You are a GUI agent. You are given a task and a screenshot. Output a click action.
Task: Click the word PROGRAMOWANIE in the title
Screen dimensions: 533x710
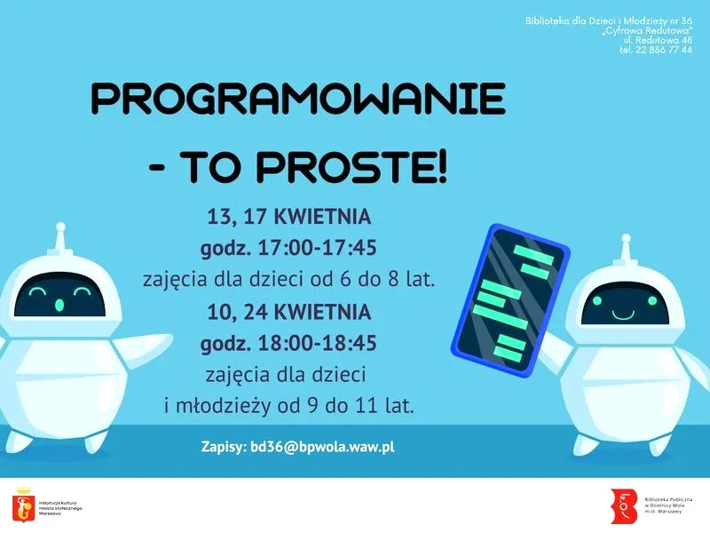click(298, 99)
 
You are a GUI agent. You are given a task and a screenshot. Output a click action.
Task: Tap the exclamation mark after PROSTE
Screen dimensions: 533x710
click(441, 167)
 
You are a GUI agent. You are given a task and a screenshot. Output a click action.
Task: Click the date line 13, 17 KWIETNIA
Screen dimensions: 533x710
click(289, 217)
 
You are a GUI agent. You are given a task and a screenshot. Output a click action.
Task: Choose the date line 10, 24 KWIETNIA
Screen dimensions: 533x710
click(289, 313)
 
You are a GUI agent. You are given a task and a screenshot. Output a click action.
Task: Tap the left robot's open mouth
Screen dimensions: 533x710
click(59, 305)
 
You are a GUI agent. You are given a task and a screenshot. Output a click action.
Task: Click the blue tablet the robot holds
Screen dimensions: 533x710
click(509, 298)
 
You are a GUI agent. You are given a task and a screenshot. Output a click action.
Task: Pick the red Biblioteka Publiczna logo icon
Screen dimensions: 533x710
click(625, 505)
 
